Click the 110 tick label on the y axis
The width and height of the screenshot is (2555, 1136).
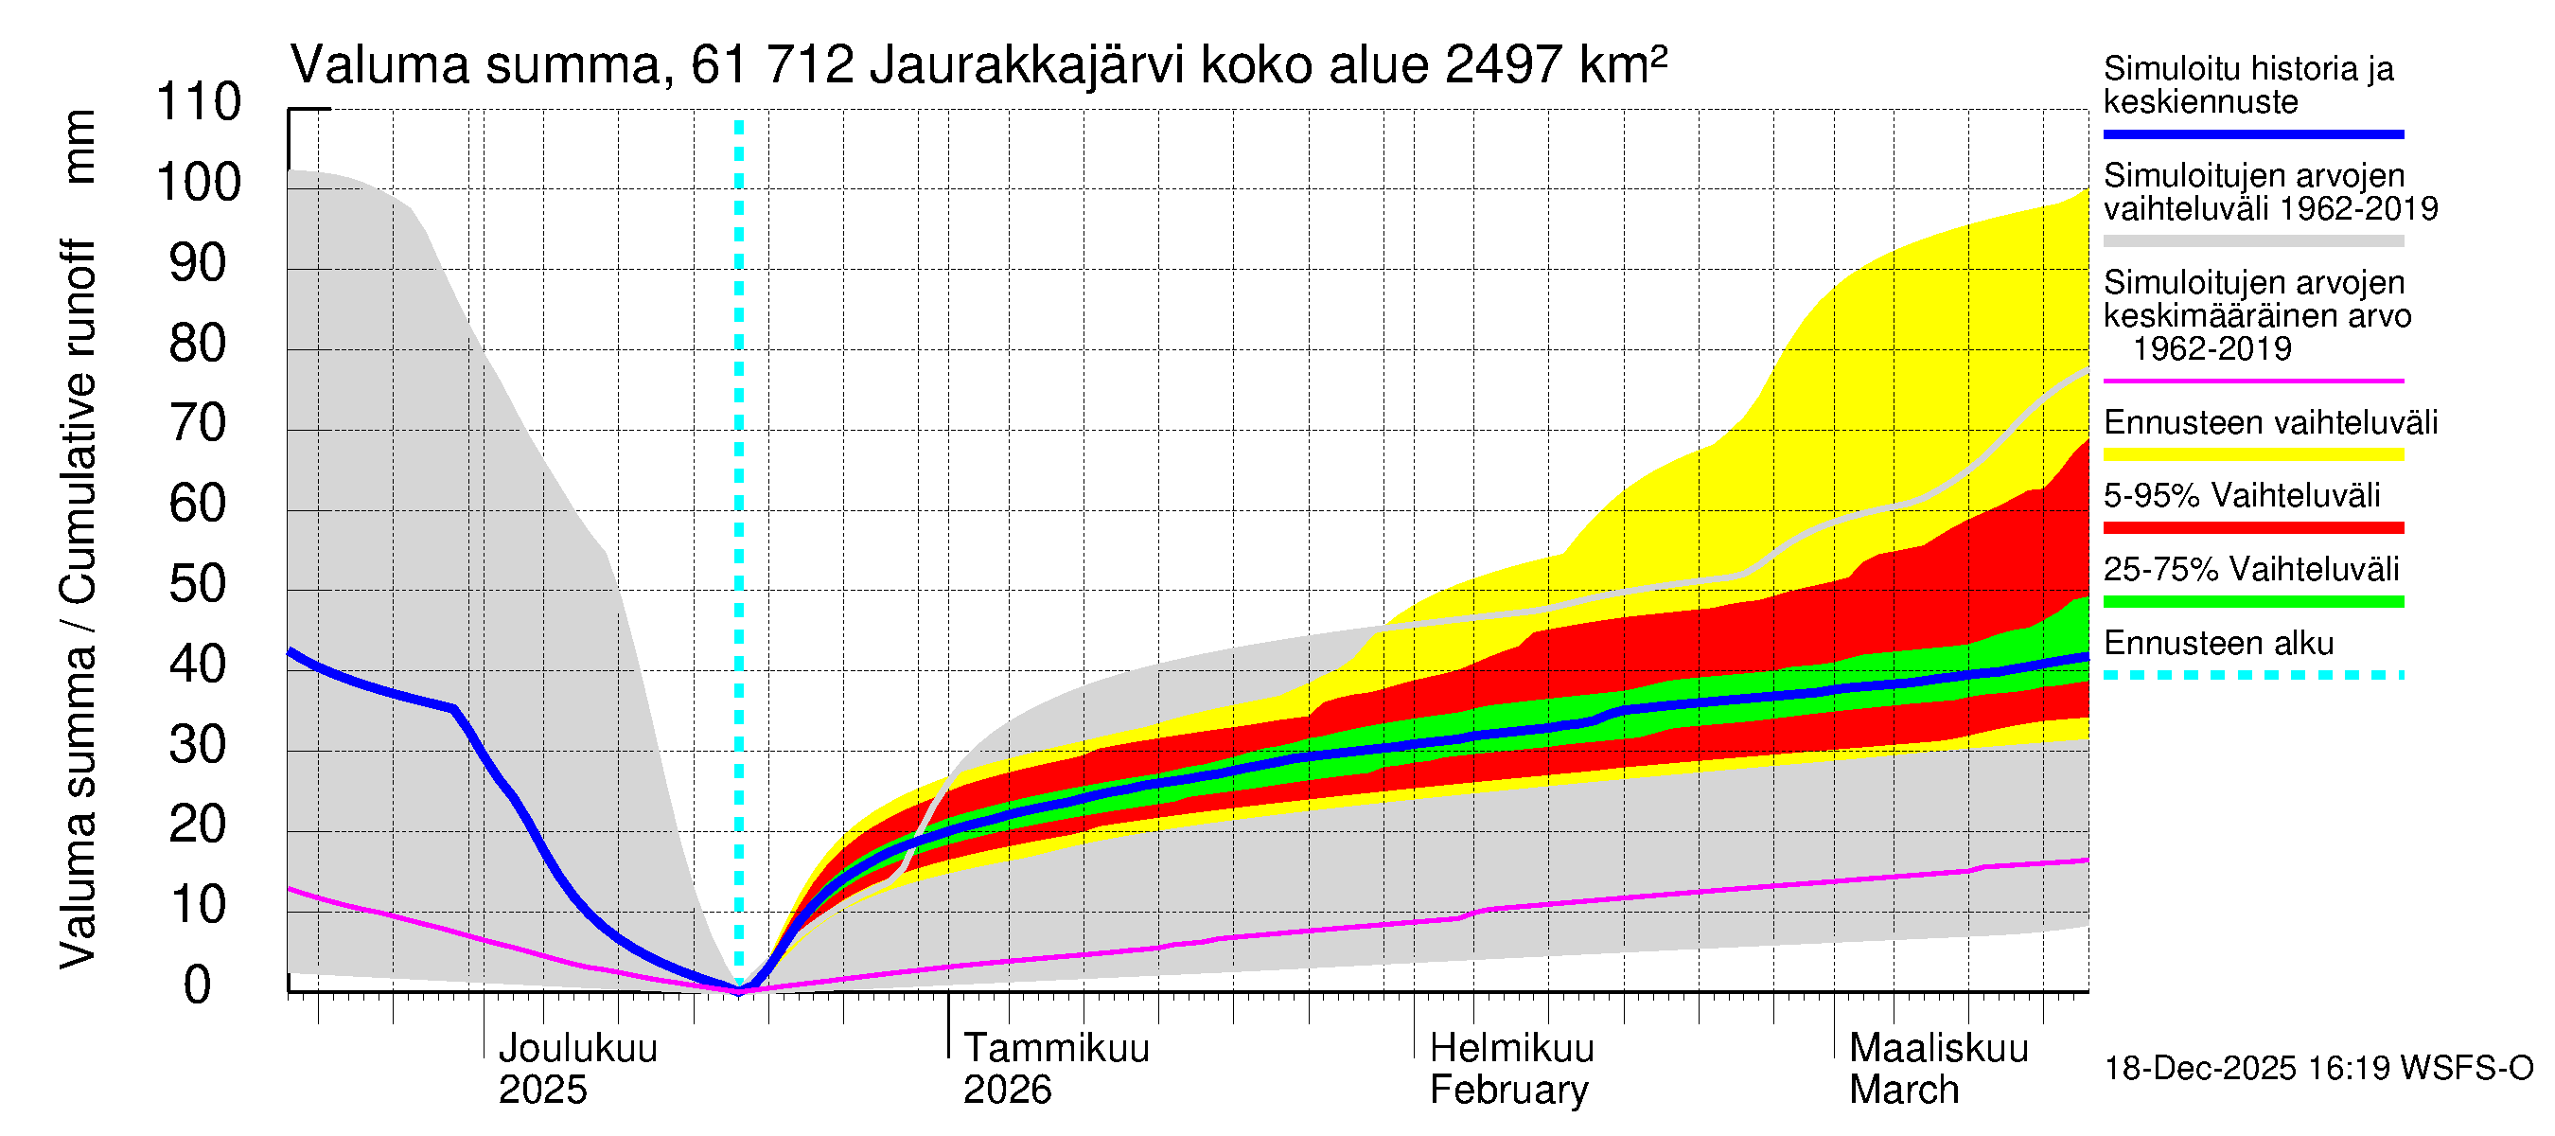tap(199, 102)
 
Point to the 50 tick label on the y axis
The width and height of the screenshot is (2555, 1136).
tap(199, 584)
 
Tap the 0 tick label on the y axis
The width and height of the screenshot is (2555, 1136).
tap(198, 985)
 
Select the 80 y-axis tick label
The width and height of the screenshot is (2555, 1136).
tap(199, 344)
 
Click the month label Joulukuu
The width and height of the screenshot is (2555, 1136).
tap(577, 1049)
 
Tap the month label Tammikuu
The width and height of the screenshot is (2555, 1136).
tap(1056, 1049)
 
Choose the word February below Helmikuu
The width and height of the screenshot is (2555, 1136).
tap(1508, 1091)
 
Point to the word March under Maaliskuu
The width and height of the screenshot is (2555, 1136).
tap(1903, 1091)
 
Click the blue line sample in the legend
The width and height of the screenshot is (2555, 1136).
tap(2252, 133)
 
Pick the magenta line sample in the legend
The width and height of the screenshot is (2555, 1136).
tap(2252, 381)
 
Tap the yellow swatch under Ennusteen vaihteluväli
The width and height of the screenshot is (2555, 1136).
tap(2252, 454)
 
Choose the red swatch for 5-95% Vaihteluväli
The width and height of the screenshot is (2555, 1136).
tap(2252, 528)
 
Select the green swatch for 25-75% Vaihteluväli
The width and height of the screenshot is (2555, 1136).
tap(2252, 601)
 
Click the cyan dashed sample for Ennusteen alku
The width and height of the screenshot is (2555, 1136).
tap(2252, 676)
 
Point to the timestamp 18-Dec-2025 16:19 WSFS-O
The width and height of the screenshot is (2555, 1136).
tap(2317, 1069)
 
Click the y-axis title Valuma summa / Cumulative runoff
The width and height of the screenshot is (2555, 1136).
tap(79, 603)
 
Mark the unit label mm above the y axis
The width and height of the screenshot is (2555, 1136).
tap(79, 146)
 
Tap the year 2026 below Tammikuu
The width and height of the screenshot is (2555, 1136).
tap(1007, 1091)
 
